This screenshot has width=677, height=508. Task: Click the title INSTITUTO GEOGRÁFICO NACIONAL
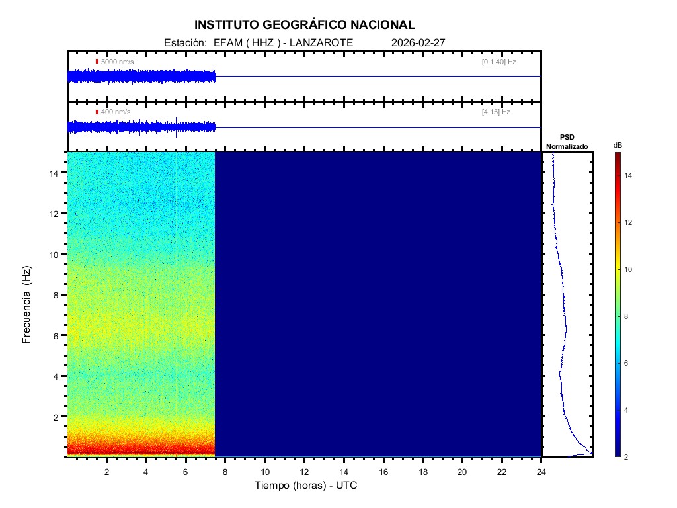(305, 25)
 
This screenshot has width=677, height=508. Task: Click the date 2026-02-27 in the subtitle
(418, 43)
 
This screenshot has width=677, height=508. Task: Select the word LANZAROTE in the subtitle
(324, 43)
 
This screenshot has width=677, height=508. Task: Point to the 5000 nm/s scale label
(117, 62)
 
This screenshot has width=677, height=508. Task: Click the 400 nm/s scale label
(115, 112)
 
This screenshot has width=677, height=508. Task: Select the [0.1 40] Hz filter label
(498, 62)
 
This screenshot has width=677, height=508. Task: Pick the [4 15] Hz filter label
(496, 112)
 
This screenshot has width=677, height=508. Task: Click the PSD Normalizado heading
(567, 142)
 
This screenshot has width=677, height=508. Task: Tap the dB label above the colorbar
(617, 145)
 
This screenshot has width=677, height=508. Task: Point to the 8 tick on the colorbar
(629, 317)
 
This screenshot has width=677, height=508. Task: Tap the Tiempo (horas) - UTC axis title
(306, 486)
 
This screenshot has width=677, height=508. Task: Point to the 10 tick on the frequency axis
(56, 254)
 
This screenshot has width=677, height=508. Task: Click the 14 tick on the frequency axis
(56, 173)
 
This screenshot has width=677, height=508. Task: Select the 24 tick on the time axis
(541, 472)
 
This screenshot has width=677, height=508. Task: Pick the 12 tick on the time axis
(304, 472)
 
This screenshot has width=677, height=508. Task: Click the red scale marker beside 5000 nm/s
(97, 62)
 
